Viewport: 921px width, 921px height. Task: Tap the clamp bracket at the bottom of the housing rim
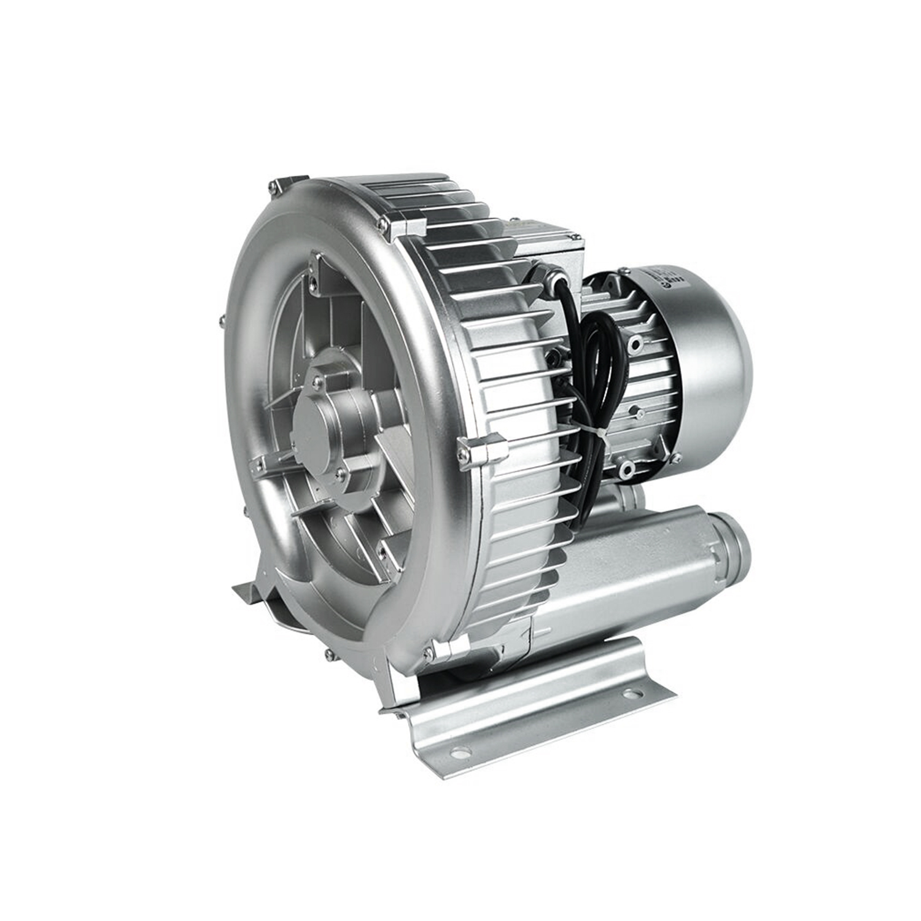point(450,650)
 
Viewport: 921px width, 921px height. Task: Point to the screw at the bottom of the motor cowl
point(626,470)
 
